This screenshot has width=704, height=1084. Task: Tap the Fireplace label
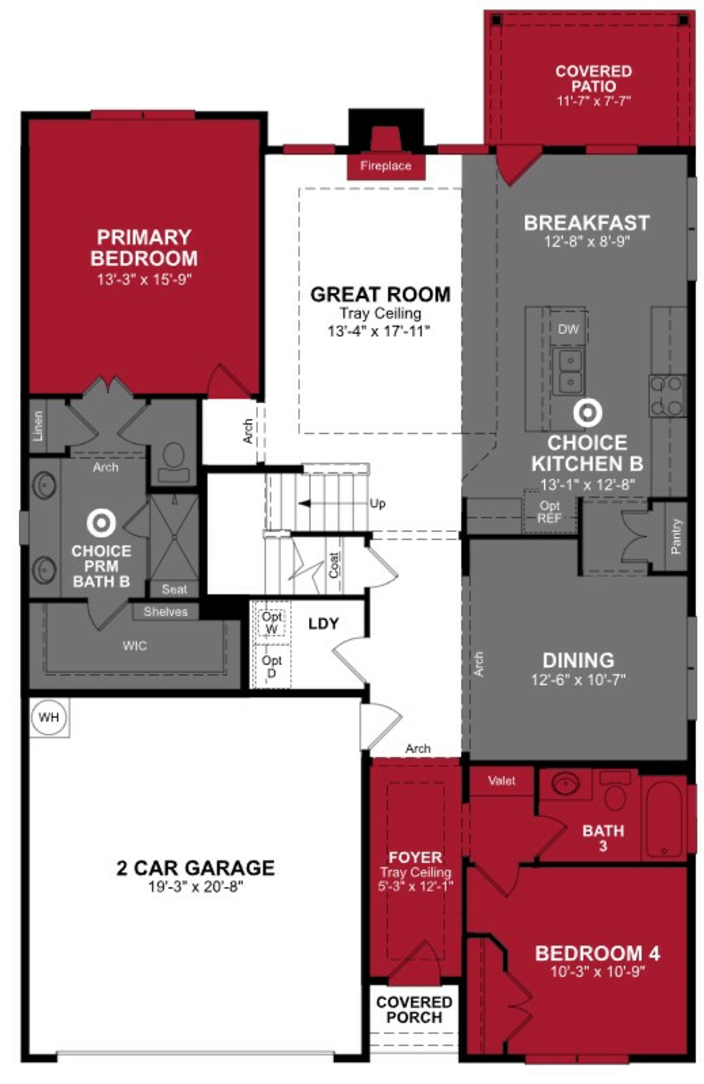[385, 166]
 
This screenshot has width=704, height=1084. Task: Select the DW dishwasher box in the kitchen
[568, 329]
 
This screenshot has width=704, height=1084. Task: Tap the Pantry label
[676, 536]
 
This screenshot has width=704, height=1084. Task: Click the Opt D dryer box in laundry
[271, 666]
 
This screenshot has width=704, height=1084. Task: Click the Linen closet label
[38, 426]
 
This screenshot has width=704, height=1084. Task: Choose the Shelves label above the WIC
[165, 612]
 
